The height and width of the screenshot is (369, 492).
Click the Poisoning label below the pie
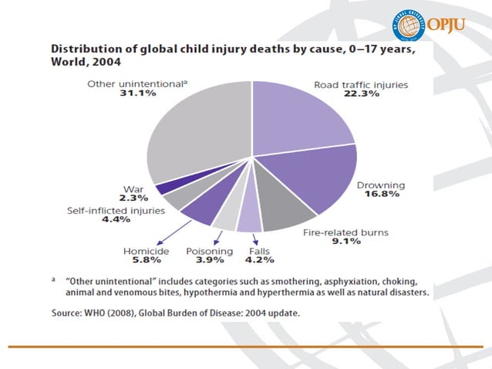point(209,252)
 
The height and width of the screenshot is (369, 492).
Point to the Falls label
point(259,252)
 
